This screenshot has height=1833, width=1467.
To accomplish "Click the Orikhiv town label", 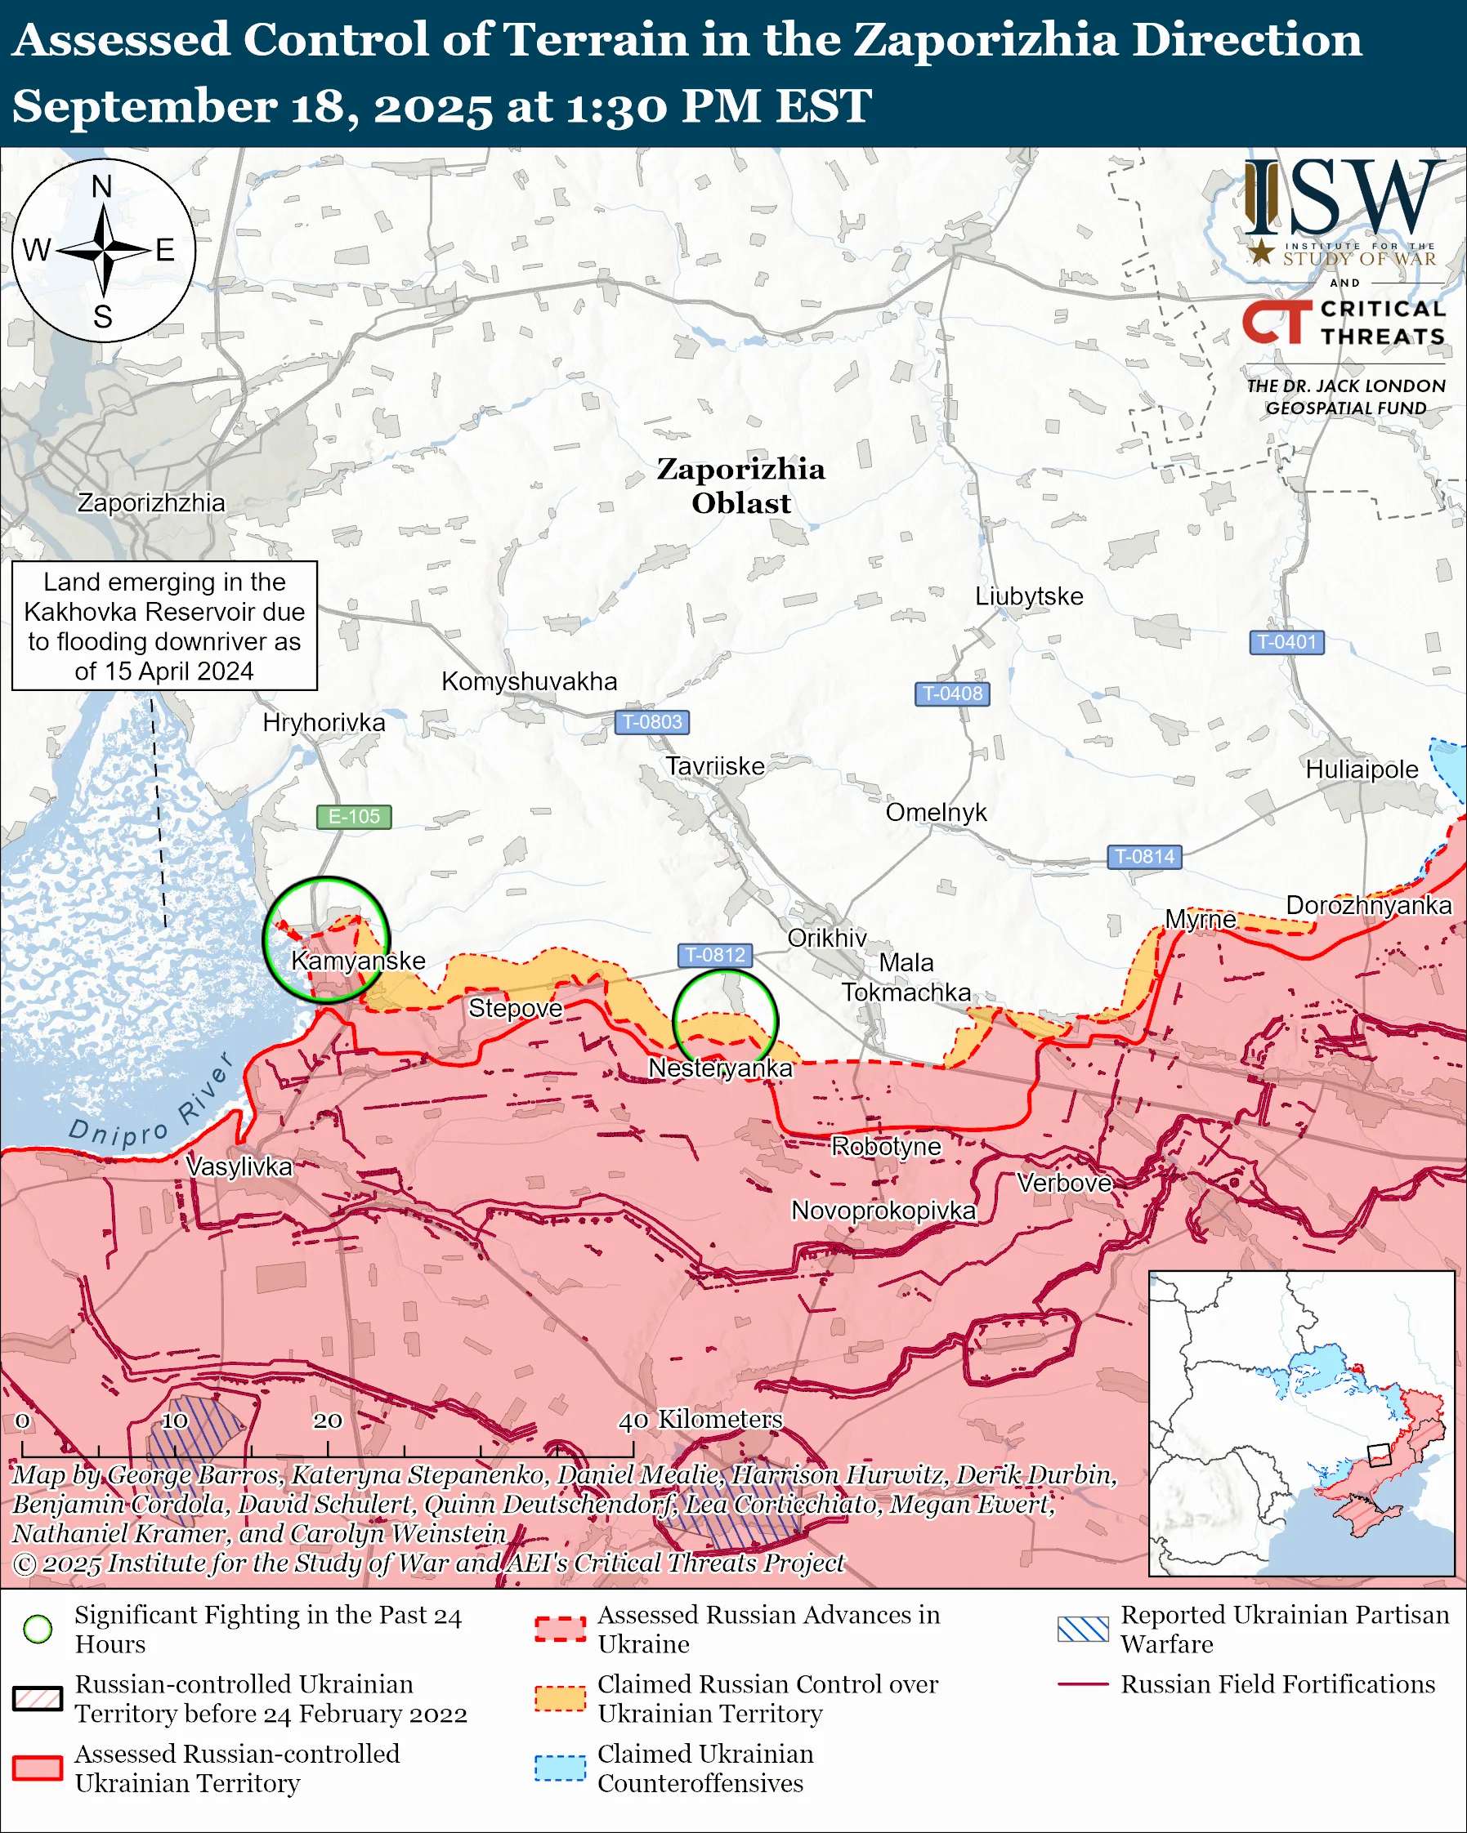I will pos(826,938).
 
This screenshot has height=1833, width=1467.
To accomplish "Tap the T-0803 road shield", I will pos(651,722).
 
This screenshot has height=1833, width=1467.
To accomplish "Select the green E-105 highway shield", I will pos(354,816).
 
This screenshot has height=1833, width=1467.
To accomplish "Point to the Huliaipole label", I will pos(1362,769).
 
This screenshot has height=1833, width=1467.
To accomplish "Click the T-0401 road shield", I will pos(1286,642).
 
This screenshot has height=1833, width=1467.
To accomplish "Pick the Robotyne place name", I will pos(886,1146).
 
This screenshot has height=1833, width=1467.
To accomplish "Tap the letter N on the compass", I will pos(102,186).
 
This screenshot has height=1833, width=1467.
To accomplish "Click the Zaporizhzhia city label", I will pos(151,502).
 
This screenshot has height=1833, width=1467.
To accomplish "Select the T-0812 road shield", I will pos(714,955).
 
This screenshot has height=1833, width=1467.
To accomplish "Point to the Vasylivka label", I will pos(239,1166).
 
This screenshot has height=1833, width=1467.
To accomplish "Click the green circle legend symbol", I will pos(38,1629).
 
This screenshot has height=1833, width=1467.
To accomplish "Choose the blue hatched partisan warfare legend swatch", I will pos(1083,1629).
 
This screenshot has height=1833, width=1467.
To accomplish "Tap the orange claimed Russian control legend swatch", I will pos(561,1699).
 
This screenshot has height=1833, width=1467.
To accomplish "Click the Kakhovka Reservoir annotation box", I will pos(164,626).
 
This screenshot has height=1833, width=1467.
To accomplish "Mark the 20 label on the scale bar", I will pos(328,1420).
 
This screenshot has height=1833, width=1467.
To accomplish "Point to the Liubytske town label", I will pos(1029,596).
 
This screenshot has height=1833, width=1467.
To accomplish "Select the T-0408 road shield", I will pos(951,694).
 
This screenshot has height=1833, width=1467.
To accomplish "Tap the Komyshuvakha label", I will pos(529,681).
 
